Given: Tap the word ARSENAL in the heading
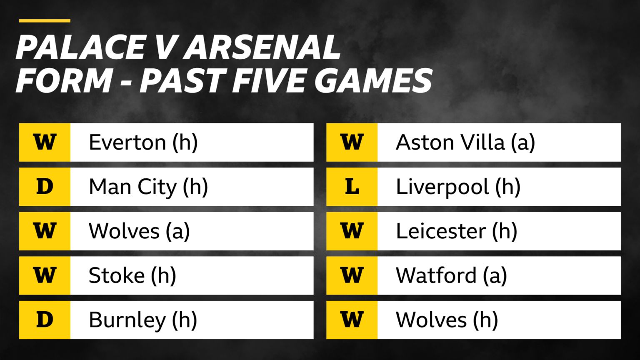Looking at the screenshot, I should point(262,47).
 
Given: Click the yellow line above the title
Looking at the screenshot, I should point(45,20).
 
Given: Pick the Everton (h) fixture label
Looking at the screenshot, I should point(143,142).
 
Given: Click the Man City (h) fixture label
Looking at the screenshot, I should point(148,187).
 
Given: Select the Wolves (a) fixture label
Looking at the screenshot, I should point(139,231).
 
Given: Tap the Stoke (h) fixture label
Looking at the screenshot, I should point(132,275).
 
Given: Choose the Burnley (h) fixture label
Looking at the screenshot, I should point(142,320).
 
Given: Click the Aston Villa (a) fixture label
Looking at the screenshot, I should point(465,142).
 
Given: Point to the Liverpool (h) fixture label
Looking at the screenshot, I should point(458,187).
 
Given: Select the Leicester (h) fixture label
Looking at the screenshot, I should point(456,231).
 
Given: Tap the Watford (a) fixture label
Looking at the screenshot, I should point(451,275).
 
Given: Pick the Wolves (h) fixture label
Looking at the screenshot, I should point(447,320).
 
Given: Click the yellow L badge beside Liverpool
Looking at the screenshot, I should point(352,187).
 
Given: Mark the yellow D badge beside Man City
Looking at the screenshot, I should point(45,187).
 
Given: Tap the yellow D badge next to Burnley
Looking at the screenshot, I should point(45,320).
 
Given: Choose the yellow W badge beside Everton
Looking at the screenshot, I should point(45,142).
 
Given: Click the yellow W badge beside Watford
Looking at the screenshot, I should point(352,275).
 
